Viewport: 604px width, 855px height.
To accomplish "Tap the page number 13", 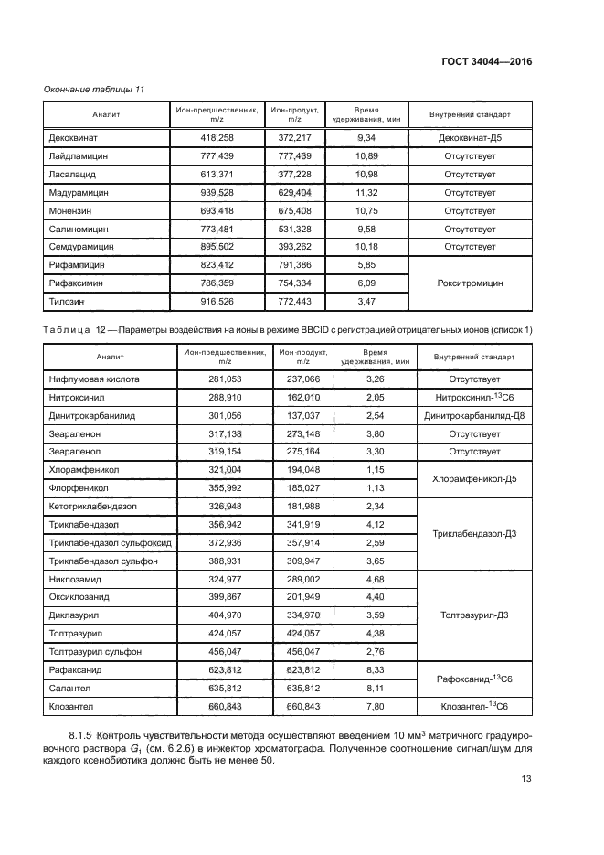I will click(x=525, y=779).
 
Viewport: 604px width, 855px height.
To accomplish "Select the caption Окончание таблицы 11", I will click(x=94, y=89).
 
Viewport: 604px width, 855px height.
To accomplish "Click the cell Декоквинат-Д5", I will click(x=470, y=138).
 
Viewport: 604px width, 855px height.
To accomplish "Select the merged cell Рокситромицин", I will click(x=470, y=283).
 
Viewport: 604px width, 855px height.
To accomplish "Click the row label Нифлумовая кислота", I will click(x=90, y=379).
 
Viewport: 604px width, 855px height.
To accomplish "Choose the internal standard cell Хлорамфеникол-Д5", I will click(x=473, y=478).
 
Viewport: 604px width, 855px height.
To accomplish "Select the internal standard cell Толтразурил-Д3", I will click(x=473, y=615).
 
